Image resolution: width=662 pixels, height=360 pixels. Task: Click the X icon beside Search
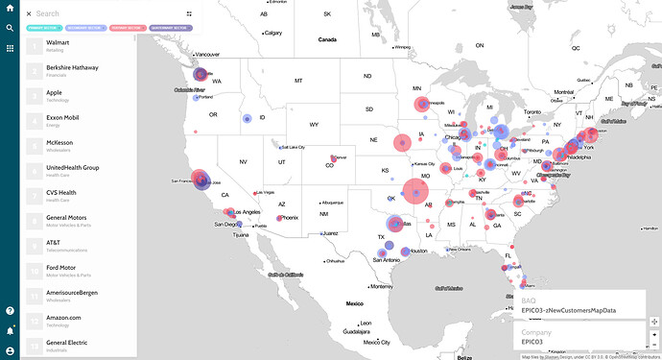click(29, 14)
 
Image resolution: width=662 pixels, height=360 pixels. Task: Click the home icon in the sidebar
click(10, 10)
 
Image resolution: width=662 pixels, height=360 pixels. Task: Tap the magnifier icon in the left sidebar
click(10, 28)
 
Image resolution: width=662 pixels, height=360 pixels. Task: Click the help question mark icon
click(10, 310)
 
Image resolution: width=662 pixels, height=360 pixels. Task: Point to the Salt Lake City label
click(292, 147)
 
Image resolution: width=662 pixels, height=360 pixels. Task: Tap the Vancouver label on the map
click(207, 55)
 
